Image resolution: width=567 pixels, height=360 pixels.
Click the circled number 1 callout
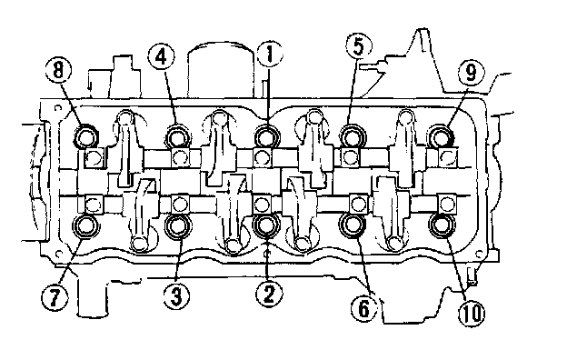point(269,54)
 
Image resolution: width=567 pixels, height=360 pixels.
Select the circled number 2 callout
point(269,293)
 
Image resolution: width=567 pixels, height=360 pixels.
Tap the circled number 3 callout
point(176,295)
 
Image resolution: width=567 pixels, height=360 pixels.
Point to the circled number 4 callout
point(161,56)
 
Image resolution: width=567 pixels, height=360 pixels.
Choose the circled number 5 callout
point(358,46)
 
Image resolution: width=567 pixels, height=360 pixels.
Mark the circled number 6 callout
point(364,307)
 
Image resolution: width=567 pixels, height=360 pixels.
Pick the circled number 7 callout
point(55,297)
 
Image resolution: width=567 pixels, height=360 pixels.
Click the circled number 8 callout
point(59,69)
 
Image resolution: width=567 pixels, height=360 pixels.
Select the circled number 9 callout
point(472,73)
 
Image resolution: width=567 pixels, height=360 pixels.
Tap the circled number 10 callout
point(472,312)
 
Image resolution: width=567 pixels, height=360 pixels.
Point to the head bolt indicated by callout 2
point(267,225)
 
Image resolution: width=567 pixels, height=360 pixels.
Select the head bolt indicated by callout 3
point(178,226)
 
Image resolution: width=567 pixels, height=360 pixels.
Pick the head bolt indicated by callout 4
point(178,137)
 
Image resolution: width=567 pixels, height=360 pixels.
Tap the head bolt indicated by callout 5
point(353,137)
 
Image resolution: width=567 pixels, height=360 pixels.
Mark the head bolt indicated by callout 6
point(353,225)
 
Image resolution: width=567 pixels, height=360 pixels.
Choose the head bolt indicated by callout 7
point(87,225)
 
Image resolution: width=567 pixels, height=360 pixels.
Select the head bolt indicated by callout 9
point(441,136)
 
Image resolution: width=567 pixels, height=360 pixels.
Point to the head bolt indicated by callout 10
point(442,225)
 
